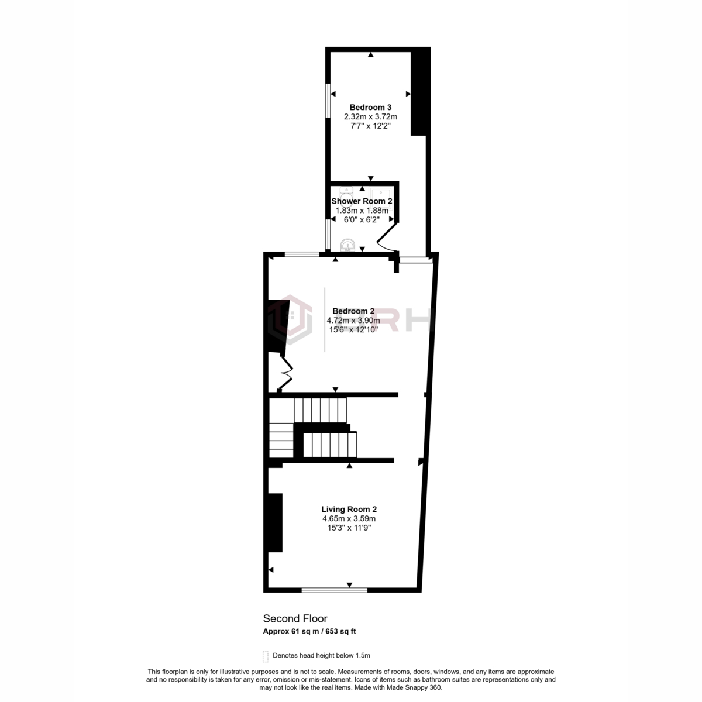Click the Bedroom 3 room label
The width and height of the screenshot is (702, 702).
(x=370, y=107)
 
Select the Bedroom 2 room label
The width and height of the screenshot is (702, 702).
(x=353, y=311)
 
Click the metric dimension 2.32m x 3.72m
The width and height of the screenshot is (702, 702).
(x=370, y=117)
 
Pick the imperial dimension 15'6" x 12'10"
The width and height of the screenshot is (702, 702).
(x=353, y=329)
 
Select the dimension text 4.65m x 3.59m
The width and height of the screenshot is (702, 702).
(x=349, y=519)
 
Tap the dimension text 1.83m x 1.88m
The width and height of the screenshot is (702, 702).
(x=362, y=211)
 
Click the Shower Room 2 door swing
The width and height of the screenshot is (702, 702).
(x=386, y=237)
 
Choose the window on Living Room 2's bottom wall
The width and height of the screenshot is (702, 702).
(x=335, y=590)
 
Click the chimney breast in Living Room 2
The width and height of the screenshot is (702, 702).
(x=276, y=522)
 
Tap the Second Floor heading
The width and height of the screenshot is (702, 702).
(x=295, y=618)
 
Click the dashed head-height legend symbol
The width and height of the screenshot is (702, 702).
(x=266, y=656)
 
